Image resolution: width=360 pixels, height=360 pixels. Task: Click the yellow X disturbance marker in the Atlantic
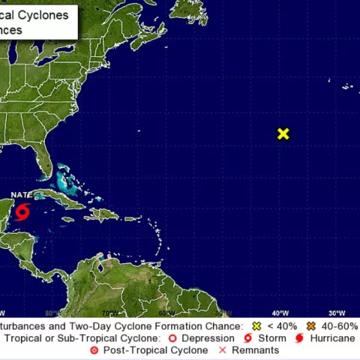(283, 134)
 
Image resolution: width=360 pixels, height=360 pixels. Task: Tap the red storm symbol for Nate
(22, 212)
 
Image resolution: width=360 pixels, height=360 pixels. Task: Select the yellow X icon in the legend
(256, 326)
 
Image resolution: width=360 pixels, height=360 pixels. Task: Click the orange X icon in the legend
(310, 326)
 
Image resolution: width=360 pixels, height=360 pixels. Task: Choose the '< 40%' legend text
(281, 326)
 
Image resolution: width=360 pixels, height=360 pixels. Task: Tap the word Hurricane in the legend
(332, 338)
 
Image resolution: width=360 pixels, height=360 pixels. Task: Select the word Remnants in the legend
(256, 350)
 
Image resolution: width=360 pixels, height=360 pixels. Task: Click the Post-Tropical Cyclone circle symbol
(94, 350)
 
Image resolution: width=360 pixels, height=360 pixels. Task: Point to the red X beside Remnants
(222, 350)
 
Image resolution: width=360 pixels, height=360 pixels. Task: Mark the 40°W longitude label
(280, 313)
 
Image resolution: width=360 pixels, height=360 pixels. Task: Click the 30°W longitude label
(337, 313)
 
